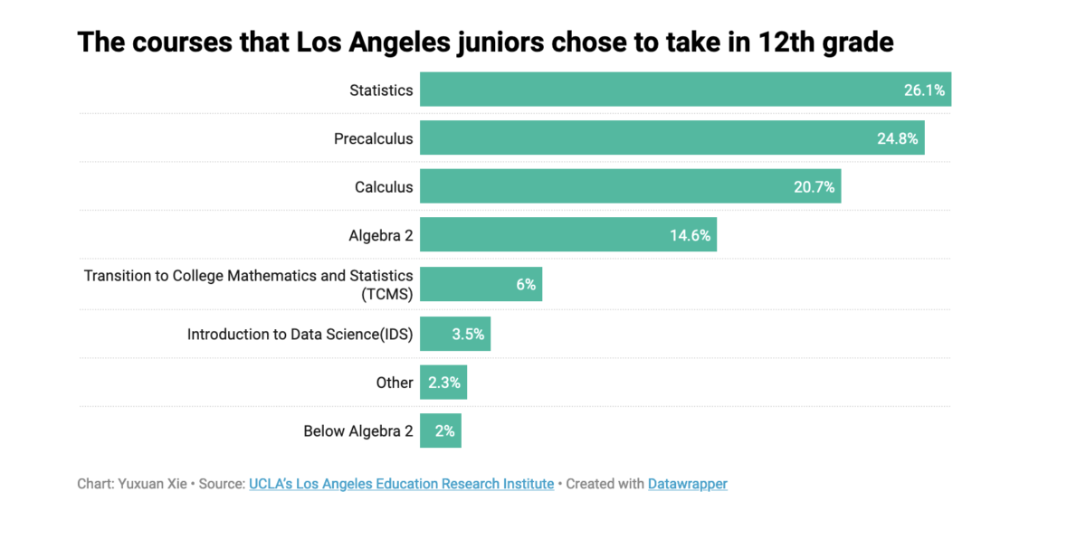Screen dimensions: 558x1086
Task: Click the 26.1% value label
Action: [x=923, y=90]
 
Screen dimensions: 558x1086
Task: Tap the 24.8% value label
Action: [x=897, y=139]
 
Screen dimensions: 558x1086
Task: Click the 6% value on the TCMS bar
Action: [x=526, y=285]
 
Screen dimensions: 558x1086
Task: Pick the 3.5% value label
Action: [x=468, y=335]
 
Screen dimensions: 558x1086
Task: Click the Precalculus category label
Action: [x=373, y=139]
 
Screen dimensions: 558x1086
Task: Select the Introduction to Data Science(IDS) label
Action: [x=300, y=335]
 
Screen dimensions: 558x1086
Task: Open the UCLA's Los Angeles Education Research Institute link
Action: [x=401, y=484]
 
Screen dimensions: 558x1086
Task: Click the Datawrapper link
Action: [x=687, y=484]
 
